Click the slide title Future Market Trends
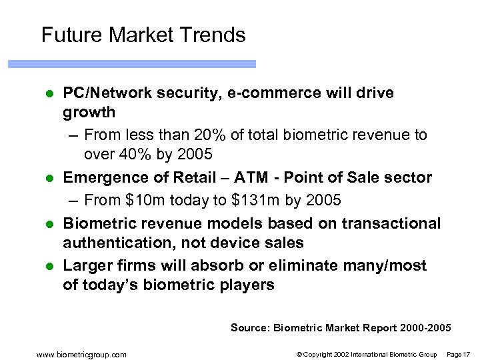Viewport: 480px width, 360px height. click(x=143, y=35)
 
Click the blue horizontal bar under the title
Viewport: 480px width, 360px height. click(x=131, y=64)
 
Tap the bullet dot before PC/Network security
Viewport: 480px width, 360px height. click(x=49, y=93)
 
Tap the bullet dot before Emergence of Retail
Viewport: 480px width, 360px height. click(x=49, y=178)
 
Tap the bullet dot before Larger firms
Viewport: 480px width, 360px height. click(x=49, y=266)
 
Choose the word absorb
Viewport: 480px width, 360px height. click(x=216, y=265)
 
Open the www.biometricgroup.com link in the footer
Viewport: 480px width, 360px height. click(x=82, y=354)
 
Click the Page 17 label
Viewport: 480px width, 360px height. click(x=459, y=354)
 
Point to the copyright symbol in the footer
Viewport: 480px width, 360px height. click(x=299, y=354)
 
